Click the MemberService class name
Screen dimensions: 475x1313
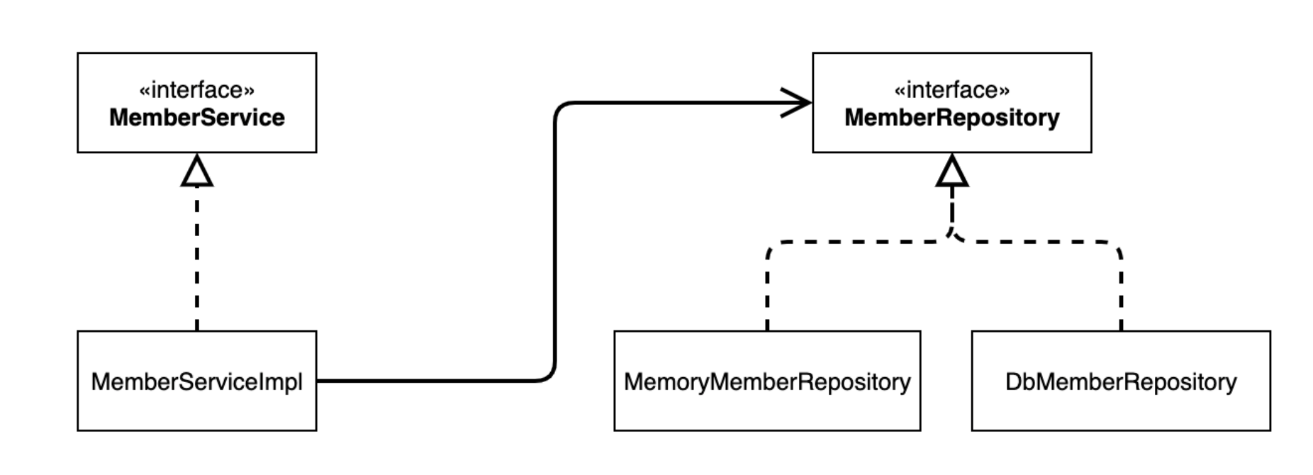(x=196, y=118)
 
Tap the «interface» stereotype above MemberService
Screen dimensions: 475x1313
(x=196, y=90)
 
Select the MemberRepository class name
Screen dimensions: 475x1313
(x=951, y=118)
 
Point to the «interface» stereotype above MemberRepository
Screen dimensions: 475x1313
(x=951, y=90)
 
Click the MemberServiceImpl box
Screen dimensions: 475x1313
(x=196, y=381)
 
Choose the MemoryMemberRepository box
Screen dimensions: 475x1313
(x=766, y=381)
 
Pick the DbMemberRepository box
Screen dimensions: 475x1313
(x=1120, y=381)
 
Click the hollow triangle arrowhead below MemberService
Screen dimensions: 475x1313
(x=196, y=172)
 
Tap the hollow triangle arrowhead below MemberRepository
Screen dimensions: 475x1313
(x=951, y=172)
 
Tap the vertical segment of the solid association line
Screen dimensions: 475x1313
(x=554, y=241)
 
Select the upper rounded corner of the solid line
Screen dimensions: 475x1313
(x=560, y=108)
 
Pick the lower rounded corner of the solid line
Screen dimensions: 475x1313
(x=549, y=375)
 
